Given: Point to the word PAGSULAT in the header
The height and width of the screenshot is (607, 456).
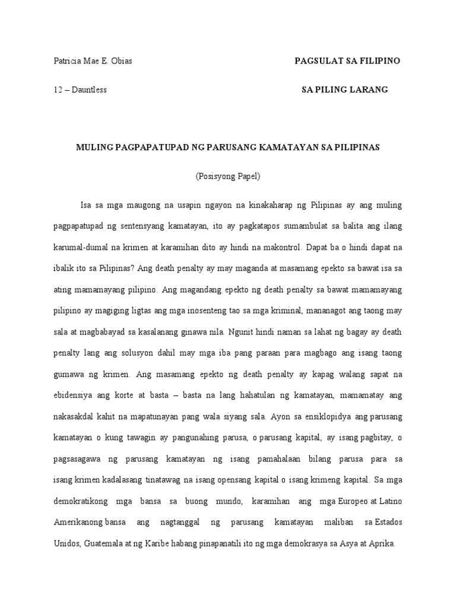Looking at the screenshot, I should point(317,61).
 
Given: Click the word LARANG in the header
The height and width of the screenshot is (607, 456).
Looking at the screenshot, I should point(369,90).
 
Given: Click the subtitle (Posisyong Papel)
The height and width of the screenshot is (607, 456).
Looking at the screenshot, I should point(228,176).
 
